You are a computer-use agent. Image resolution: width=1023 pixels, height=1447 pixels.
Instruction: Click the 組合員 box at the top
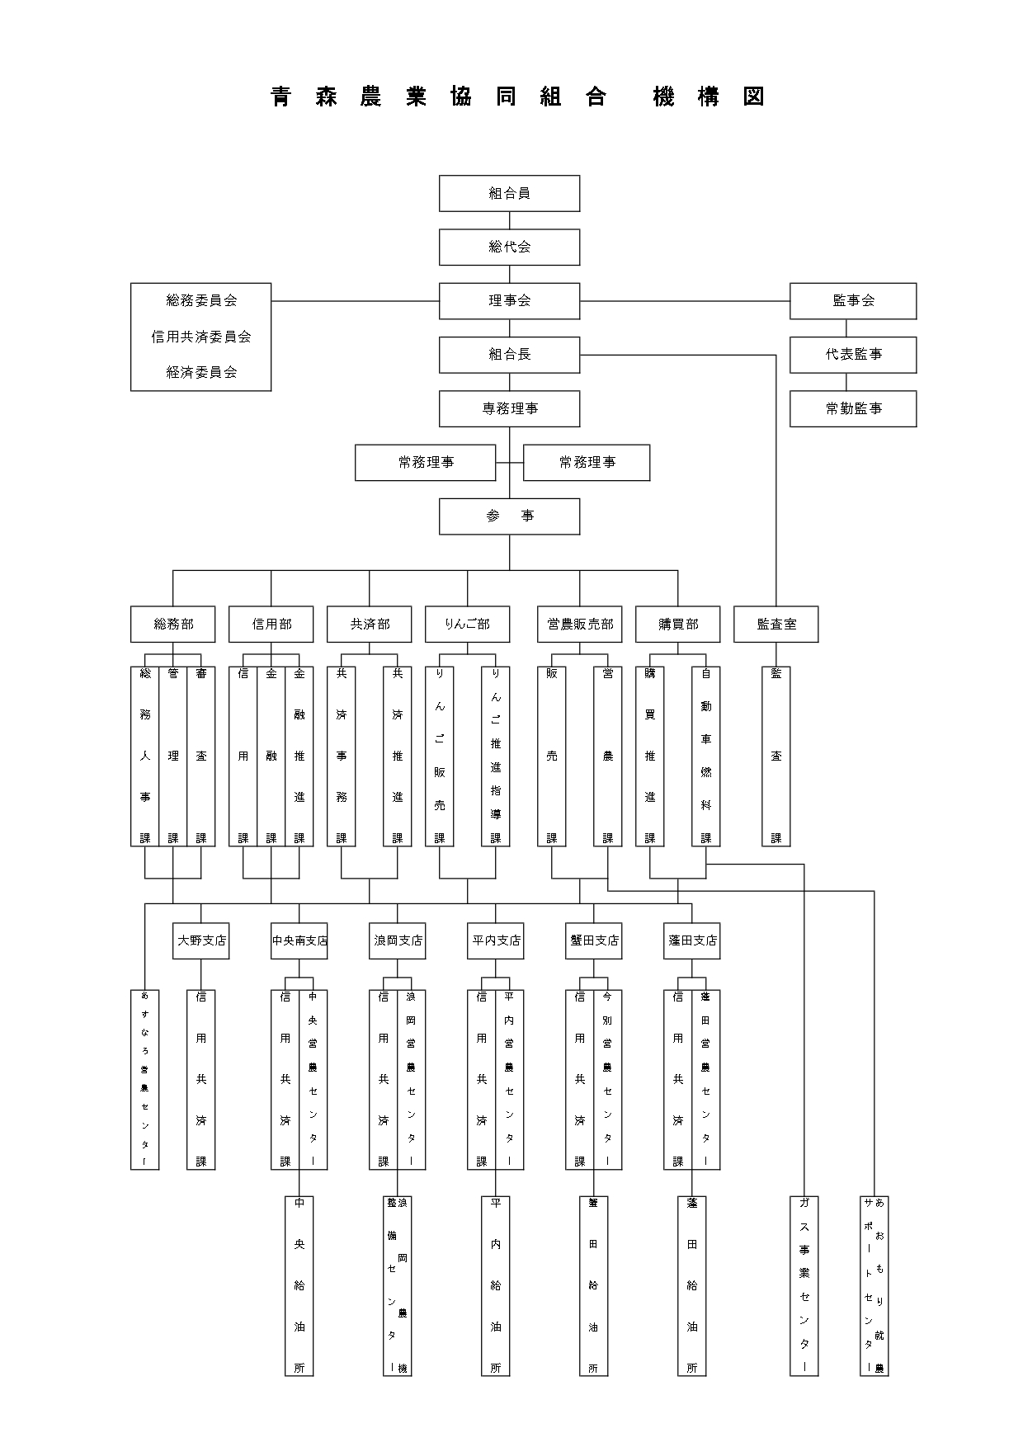coord(509,193)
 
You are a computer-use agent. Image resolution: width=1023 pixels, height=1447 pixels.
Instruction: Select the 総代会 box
coord(509,247)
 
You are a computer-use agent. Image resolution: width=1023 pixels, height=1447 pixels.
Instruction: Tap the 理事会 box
coord(509,300)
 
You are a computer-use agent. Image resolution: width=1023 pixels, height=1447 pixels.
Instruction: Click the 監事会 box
coord(853,300)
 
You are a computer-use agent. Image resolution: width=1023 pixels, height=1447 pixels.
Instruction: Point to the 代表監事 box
coord(853,354)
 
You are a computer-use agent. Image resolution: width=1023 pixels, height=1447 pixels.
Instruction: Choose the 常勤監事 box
coord(853,408)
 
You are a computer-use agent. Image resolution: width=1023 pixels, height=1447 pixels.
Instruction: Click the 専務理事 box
coord(509,408)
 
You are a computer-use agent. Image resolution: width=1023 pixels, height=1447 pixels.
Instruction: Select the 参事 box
coord(509,516)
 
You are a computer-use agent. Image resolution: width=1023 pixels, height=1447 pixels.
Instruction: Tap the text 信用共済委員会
coord(201,337)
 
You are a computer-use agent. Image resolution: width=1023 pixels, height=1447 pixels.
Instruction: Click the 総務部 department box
coord(173,625)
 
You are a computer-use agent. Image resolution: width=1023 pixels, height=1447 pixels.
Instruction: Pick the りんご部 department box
coord(467,625)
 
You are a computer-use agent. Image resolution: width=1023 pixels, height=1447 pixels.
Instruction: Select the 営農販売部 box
coord(580,625)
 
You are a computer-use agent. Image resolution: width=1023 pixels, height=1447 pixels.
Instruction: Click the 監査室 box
coord(776,625)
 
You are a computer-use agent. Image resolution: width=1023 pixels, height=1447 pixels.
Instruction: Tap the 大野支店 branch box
coord(201,940)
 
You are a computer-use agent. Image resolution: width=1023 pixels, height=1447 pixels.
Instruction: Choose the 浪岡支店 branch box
coord(398,940)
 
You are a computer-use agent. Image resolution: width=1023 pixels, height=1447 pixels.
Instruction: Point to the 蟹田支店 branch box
coord(594,940)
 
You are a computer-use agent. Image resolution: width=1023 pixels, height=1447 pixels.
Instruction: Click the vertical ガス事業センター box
coord(804,1285)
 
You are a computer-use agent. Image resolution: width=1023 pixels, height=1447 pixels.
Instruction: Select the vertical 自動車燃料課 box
coord(706,756)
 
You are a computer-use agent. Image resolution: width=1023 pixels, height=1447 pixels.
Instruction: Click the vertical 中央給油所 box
coord(299,1285)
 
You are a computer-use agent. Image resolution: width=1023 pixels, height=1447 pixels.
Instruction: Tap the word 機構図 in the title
coord(709,97)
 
